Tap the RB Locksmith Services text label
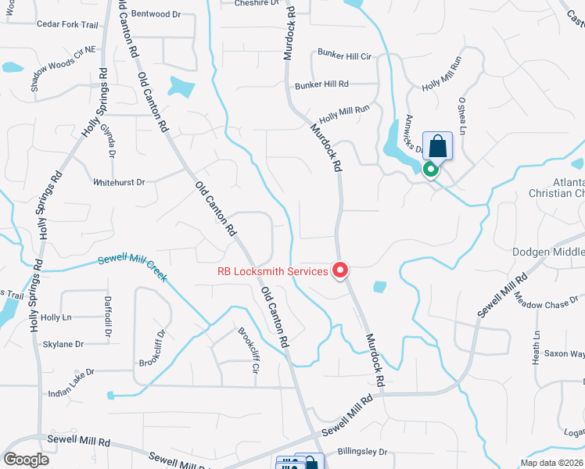point(273,272)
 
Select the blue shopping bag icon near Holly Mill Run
point(437,146)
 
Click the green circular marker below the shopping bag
point(430,169)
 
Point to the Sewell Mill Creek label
point(133,270)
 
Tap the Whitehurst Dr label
point(119,182)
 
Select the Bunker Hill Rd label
point(321,84)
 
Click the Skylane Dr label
point(63,344)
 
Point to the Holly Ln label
point(56,317)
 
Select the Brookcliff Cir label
point(249,349)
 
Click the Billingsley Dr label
point(362,452)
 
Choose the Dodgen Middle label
point(548,252)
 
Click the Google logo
point(27,459)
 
